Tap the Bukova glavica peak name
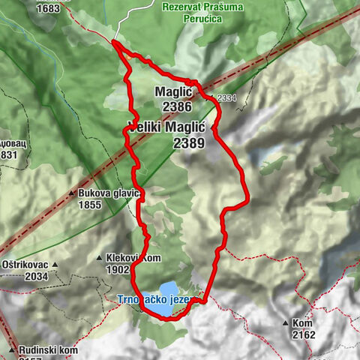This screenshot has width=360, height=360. click(x=109, y=193)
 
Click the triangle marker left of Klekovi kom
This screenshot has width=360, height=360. click(x=100, y=258)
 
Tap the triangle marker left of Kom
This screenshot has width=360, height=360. click(x=286, y=323)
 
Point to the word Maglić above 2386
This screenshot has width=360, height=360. click(x=175, y=91)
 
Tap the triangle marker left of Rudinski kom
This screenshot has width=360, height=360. click(x=13, y=349)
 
